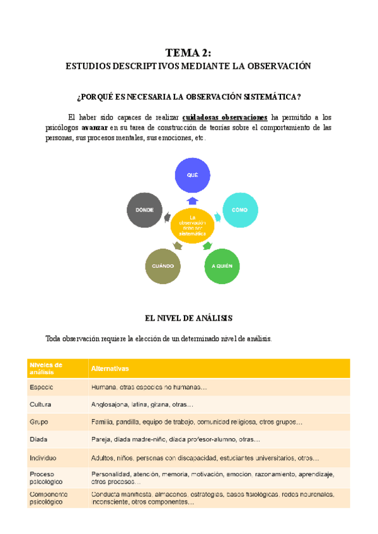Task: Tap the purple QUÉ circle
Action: pos(192,174)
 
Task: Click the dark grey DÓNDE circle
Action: pos(146,209)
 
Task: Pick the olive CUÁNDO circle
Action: pos(163,266)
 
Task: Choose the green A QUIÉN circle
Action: pos(222,266)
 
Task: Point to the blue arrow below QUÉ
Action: pos(192,200)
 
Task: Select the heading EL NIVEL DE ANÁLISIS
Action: pos(189,318)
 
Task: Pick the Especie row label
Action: pos(41,387)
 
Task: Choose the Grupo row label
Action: pos(39,421)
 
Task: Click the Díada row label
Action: pos(38,439)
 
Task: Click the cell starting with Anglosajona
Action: pos(142,404)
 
